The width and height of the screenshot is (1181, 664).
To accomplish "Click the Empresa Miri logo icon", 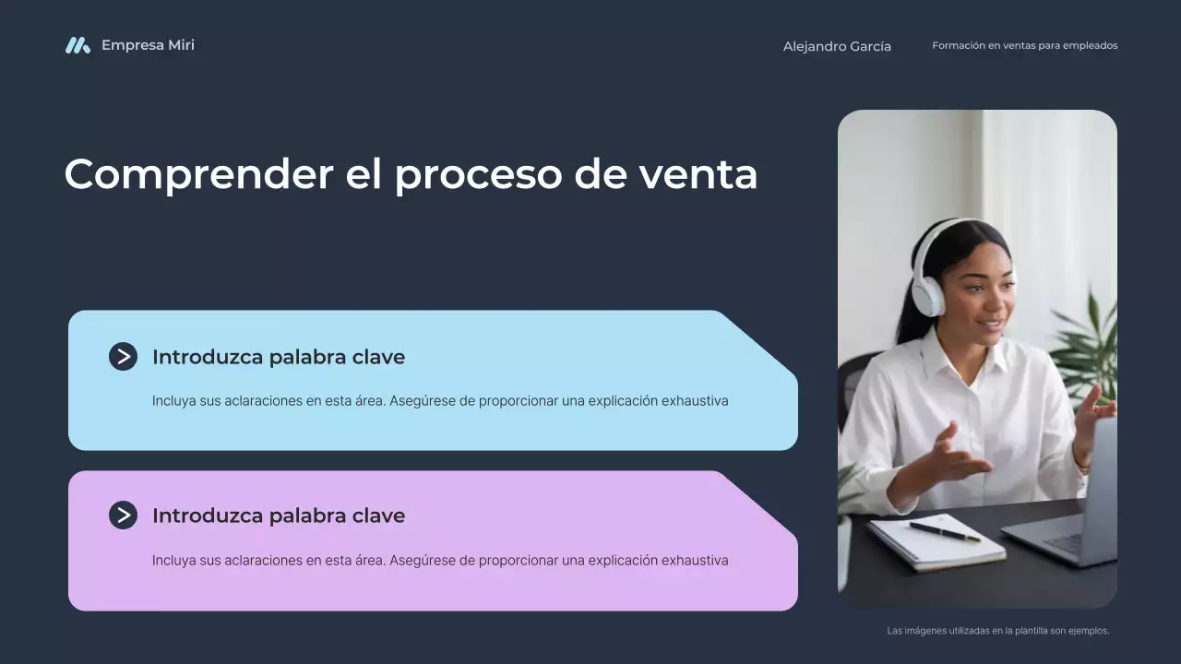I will coord(78,45).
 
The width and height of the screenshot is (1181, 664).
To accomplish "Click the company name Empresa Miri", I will coord(148,45).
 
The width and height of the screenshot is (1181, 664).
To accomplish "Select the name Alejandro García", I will coord(837,46).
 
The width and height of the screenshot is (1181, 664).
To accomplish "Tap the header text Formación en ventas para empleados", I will coord(1024,45).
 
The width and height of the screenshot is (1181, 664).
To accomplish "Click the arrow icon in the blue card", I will coord(123,357).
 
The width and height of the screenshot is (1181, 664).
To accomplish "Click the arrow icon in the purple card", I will coord(123,516).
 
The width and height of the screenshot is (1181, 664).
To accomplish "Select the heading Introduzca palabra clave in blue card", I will coord(278,357).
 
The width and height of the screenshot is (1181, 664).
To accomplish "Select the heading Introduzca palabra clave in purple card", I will coord(278,516).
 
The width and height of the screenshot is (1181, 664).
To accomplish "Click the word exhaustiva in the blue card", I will coord(695,401).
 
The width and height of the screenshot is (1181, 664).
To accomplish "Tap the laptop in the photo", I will coord(1070,516).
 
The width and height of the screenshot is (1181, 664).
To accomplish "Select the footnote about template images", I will coord(997,631).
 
